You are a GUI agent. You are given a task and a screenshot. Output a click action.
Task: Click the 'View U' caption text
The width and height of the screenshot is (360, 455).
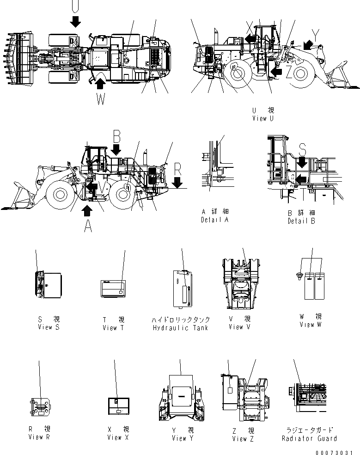pyautogui.click(x=263, y=118)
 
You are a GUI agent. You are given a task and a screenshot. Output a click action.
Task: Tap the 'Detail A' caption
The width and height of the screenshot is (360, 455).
pyautogui.click(x=214, y=220)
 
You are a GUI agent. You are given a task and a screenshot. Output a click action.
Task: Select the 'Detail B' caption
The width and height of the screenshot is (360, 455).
pyautogui.click(x=301, y=221)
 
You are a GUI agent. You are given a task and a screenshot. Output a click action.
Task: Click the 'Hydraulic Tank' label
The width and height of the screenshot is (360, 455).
pyautogui.click(x=180, y=328)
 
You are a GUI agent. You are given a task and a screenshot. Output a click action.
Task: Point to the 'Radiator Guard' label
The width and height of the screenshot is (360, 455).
pyautogui.click(x=309, y=438)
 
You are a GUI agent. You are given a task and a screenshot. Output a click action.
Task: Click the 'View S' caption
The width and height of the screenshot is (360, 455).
pyautogui.click(x=49, y=327)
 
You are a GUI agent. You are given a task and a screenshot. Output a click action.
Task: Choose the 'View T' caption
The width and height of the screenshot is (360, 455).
pyautogui.click(x=113, y=328)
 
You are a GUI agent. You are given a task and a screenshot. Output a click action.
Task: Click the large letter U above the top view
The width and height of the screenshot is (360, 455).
pyautogui.click(x=75, y=6)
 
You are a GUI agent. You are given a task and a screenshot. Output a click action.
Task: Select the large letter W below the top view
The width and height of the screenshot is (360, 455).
pyautogui.click(x=101, y=98)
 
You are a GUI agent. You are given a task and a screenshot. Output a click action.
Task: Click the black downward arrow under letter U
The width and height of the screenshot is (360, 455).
pyautogui.click(x=75, y=20)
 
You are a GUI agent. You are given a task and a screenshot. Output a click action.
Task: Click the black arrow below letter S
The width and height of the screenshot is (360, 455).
pyautogui.click(x=301, y=162)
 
